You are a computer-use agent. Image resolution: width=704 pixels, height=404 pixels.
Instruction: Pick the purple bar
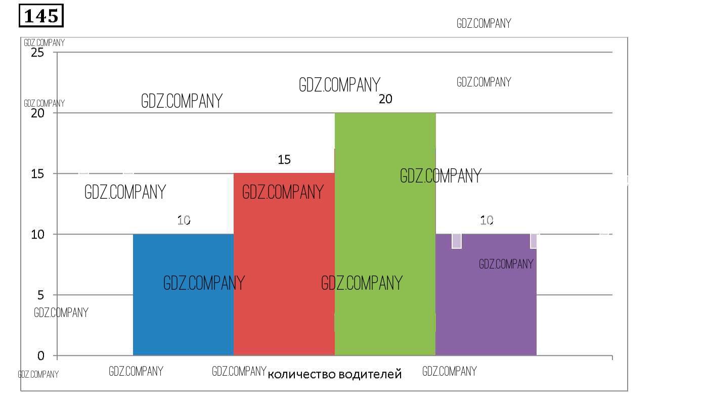486,303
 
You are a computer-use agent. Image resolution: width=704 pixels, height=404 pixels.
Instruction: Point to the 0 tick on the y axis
41,356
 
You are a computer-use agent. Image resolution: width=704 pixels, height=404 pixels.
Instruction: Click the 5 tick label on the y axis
41,295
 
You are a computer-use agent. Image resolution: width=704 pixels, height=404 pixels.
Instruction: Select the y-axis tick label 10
38,235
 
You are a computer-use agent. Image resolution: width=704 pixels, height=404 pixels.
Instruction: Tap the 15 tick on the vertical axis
38,174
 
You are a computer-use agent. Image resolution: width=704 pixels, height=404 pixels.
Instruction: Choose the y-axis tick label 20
38,113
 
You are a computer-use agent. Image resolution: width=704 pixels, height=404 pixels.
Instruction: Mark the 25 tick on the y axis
38,53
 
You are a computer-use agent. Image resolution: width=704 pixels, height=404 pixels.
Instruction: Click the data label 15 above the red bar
284,160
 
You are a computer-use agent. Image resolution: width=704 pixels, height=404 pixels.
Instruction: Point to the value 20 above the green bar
385,99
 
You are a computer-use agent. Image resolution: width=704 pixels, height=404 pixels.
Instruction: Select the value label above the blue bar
184,220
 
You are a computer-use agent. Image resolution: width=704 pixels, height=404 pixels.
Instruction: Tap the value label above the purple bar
487,220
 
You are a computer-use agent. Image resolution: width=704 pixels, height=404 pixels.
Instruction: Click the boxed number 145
41,16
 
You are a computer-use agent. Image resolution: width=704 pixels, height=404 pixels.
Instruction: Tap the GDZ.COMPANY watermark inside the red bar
283,192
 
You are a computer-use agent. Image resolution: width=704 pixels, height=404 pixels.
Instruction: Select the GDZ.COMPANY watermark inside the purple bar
506,264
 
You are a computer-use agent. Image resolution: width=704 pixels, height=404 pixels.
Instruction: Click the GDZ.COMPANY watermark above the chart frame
484,23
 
